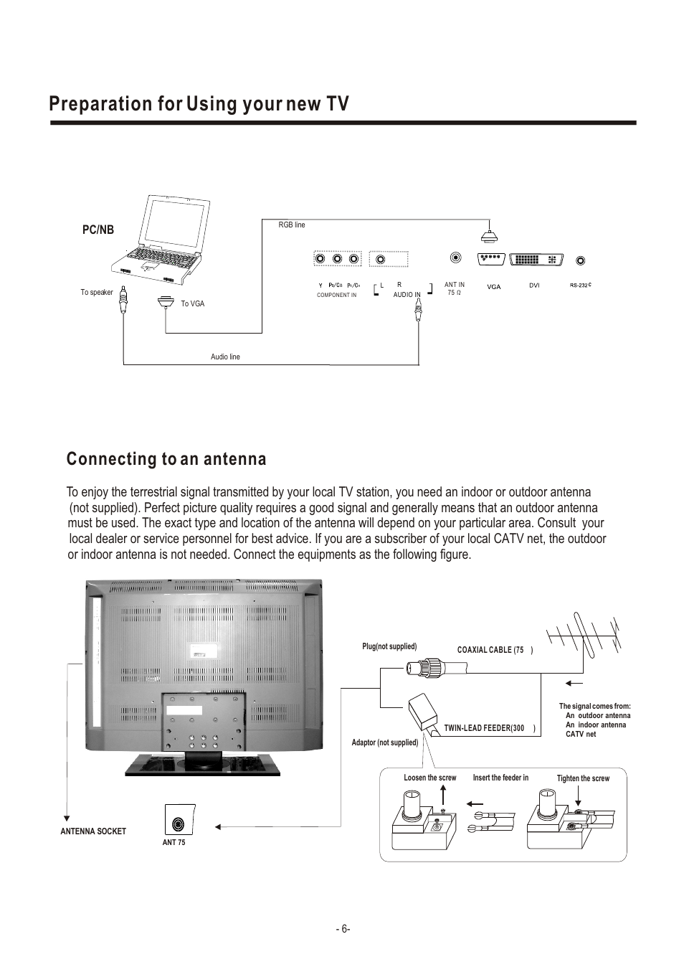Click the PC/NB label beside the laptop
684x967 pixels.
98,230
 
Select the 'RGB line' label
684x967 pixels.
291,225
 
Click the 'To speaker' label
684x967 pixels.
96,292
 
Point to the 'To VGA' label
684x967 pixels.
192,303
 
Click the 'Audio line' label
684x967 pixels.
225,357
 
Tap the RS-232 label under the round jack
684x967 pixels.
579,286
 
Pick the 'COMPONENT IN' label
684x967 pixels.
336,295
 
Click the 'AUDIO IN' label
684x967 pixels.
407,295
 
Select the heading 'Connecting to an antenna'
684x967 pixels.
166,459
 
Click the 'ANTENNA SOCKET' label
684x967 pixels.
93,831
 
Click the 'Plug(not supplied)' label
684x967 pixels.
389,646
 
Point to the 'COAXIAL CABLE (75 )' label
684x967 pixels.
495,650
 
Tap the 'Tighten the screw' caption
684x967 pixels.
583,778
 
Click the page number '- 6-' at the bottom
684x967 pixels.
342,929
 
